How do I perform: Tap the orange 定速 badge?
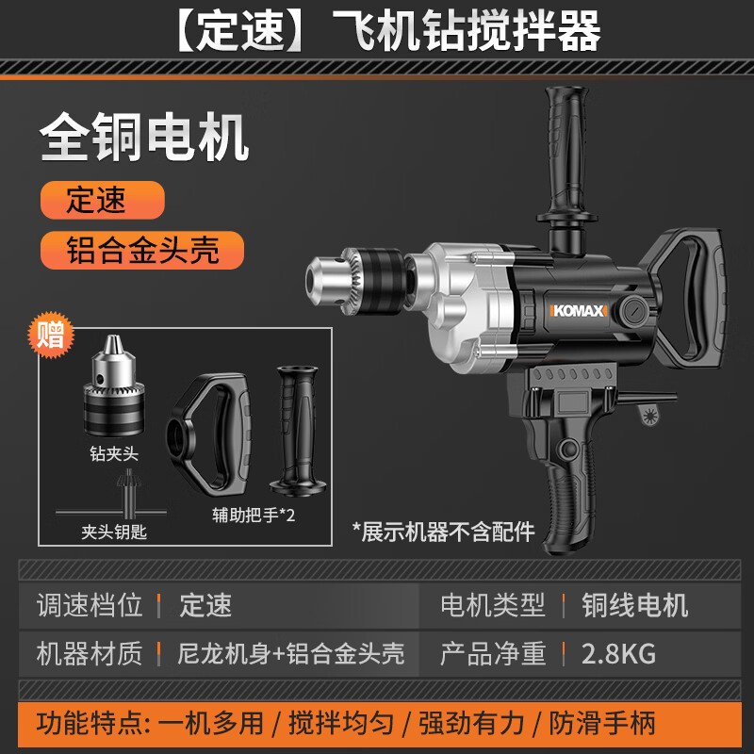(102, 200)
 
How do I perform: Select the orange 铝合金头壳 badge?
(141, 250)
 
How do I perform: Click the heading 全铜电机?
(144, 139)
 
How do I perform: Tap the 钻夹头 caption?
(113, 453)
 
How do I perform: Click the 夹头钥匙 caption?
(114, 533)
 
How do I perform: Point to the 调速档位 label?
(90, 604)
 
